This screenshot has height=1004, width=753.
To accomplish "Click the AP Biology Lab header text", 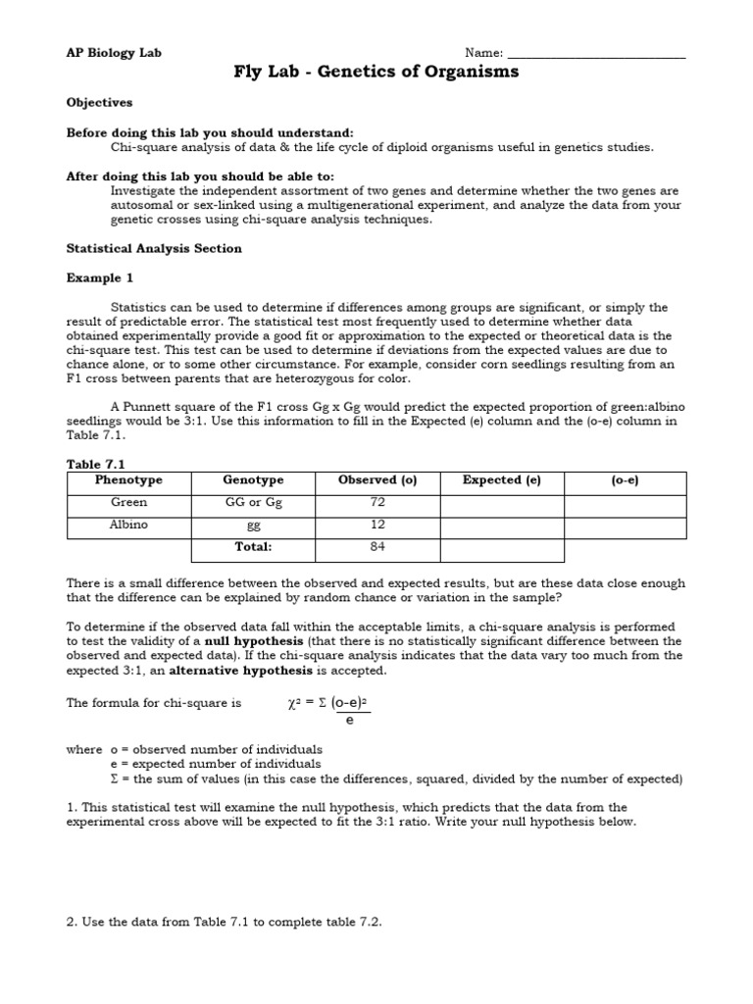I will (x=114, y=53).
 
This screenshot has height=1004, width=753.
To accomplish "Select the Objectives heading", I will (x=99, y=102).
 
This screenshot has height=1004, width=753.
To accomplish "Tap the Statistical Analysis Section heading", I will (x=154, y=248).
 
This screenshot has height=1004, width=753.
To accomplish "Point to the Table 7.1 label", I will (x=96, y=464).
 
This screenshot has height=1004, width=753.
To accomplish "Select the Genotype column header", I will (x=253, y=480).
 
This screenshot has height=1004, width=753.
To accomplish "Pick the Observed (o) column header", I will (x=377, y=480).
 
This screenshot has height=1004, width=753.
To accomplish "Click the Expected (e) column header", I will (x=501, y=480).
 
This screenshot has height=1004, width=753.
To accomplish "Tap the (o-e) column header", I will (x=625, y=480).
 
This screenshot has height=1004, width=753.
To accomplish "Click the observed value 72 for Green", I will (x=377, y=502).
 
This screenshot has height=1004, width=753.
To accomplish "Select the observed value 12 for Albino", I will (x=377, y=525).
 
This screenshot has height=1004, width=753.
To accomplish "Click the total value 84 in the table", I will (x=377, y=547).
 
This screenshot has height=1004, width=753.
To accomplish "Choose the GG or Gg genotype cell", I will (x=253, y=502).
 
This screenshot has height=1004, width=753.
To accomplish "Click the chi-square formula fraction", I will (x=349, y=711).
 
